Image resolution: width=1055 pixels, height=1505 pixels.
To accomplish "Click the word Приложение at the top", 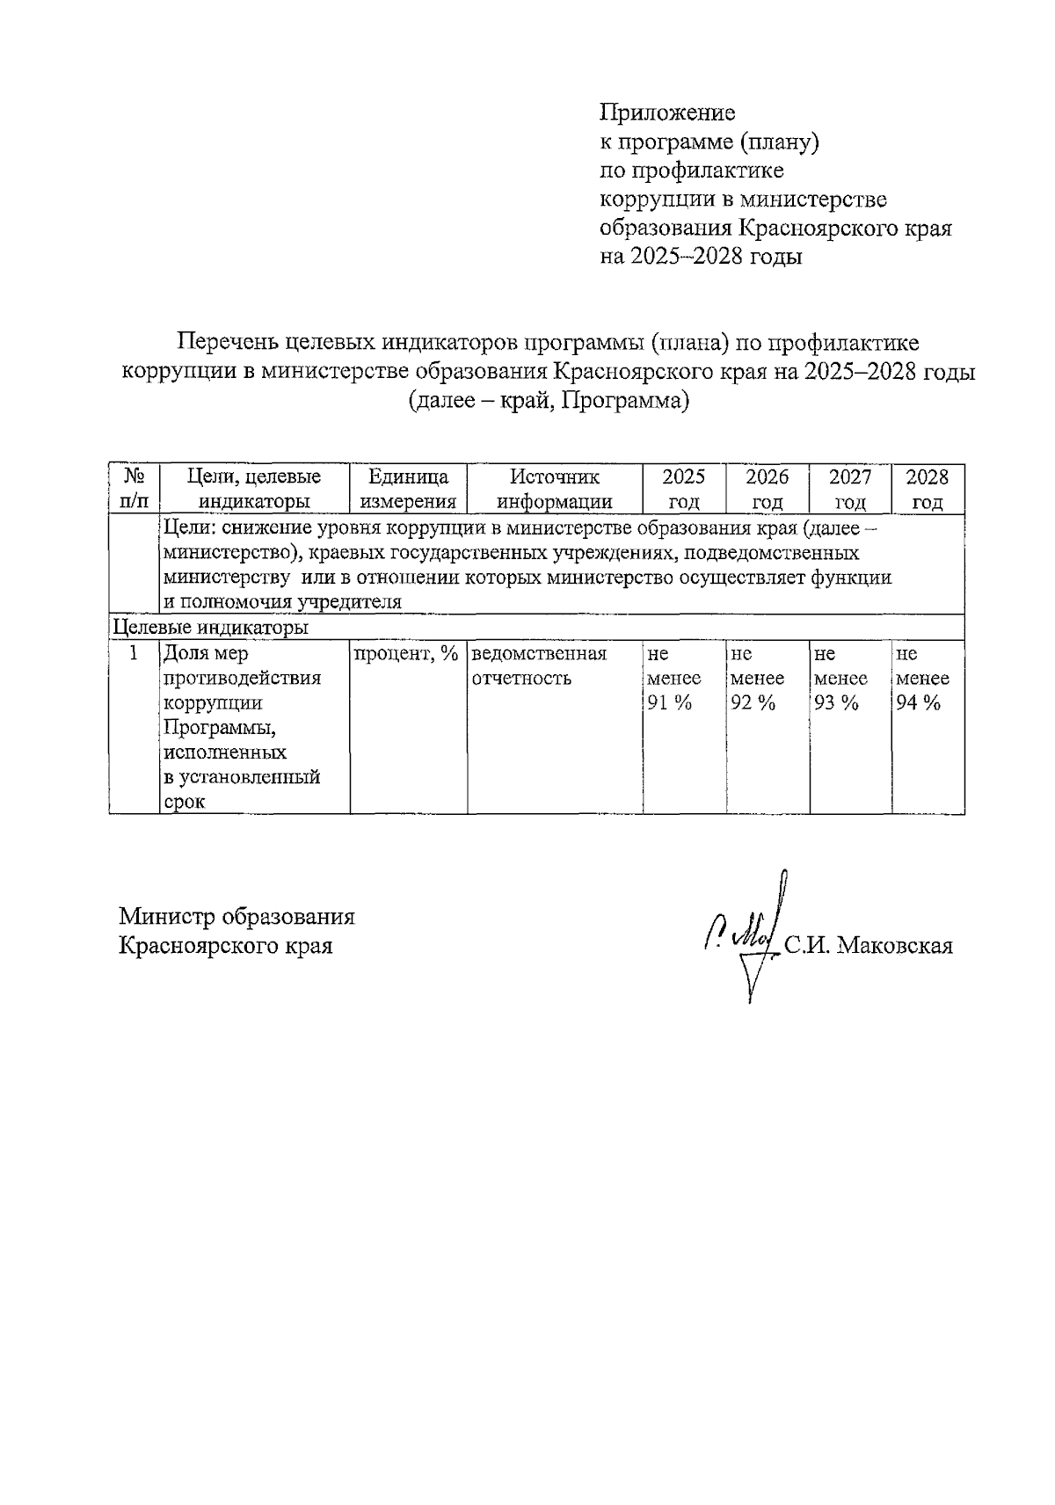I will pos(666,113).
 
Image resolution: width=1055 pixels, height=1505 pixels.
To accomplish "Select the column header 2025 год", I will pos(683,489).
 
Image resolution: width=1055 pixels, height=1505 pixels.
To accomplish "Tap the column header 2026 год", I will pos(767,489).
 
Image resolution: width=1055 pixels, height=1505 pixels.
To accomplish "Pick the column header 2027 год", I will pos(849,489).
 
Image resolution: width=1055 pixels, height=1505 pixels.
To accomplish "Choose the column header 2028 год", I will pos(928,489).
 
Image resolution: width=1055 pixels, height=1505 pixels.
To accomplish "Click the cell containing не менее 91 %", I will pos(673,678).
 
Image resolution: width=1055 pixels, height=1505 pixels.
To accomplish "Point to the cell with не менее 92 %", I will pos(757,678).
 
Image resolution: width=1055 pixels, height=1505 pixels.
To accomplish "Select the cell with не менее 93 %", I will pos(840,678).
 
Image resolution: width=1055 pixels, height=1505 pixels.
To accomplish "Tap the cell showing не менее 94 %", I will pos(922,678).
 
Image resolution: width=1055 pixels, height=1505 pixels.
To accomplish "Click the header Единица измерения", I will pos(408,489).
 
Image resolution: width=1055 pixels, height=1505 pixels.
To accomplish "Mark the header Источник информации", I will pos(555,489).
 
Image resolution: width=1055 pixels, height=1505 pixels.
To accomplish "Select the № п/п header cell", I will pos(134,489).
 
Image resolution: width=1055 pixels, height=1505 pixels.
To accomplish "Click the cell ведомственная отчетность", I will pos(539,665).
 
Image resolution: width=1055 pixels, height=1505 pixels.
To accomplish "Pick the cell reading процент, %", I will pos(406,653).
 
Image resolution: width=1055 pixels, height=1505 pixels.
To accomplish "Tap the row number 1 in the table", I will pos(134,653).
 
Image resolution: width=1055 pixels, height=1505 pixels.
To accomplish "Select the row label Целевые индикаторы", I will pos(211,628).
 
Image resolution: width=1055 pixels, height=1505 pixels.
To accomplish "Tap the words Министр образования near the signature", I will pos(237,917).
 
